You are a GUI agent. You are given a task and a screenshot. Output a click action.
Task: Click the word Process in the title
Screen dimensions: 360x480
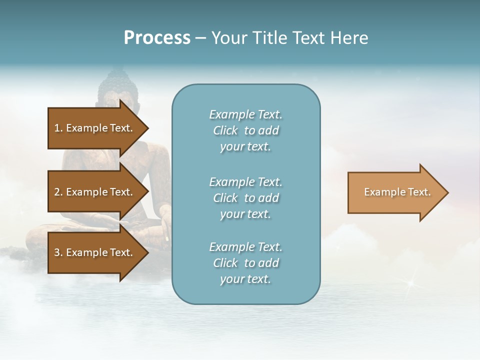point(157,38)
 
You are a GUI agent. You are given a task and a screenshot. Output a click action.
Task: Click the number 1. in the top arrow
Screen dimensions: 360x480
point(58,128)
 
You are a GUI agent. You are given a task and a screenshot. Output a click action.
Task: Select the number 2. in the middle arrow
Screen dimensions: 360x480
point(58,192)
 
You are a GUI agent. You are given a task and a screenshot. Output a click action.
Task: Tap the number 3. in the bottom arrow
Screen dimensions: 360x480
point(58,252)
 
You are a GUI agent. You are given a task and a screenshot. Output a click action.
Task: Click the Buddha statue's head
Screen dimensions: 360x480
point(117,87)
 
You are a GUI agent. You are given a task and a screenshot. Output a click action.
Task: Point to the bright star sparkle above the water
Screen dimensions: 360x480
point(411,283)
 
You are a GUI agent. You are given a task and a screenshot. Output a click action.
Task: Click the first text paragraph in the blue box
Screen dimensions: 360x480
point(245,130)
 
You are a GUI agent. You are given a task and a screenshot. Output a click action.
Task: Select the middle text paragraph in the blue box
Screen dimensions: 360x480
point(245,198)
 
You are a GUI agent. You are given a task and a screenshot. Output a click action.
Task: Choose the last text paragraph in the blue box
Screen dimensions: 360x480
point(245,263)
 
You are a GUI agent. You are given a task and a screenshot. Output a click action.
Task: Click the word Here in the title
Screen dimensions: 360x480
point(349,38)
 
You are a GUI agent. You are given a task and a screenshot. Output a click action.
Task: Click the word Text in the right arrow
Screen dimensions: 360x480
point(418,192)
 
